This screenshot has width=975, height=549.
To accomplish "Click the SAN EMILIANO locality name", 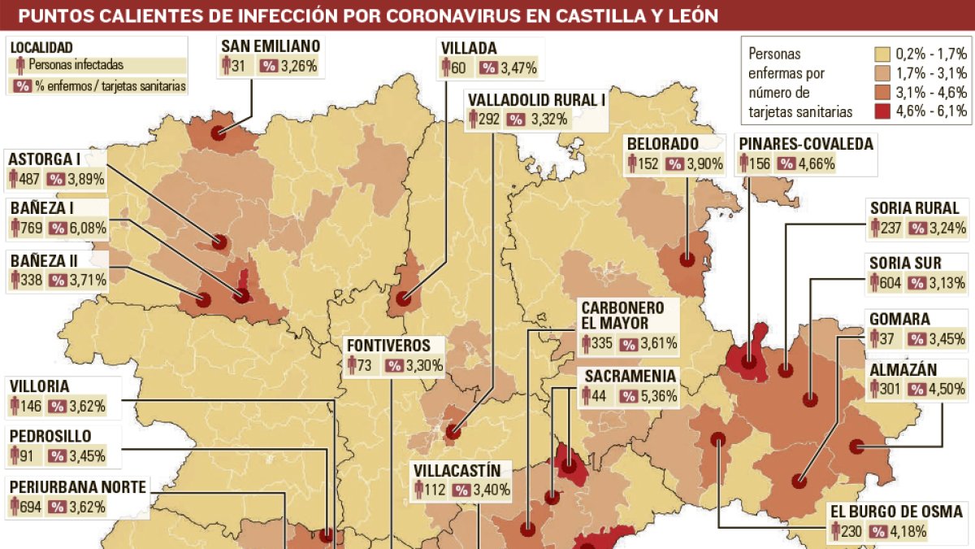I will pos(270,46).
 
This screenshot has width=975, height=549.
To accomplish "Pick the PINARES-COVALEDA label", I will pos(806,144).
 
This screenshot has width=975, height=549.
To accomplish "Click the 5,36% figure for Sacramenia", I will pos(659,396).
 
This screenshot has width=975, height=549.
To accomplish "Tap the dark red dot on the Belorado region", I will pos(687,261).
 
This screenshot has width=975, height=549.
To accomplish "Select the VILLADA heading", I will pos(469,48).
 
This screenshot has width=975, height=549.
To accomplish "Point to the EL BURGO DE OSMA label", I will pos(896,512).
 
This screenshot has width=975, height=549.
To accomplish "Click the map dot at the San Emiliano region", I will pos(218,133).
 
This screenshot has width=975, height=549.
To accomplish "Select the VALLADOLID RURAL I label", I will pos(537,100).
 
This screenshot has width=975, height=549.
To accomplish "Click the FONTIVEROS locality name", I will pos(388,345).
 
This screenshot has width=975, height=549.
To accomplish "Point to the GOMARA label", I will pos(899,319).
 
